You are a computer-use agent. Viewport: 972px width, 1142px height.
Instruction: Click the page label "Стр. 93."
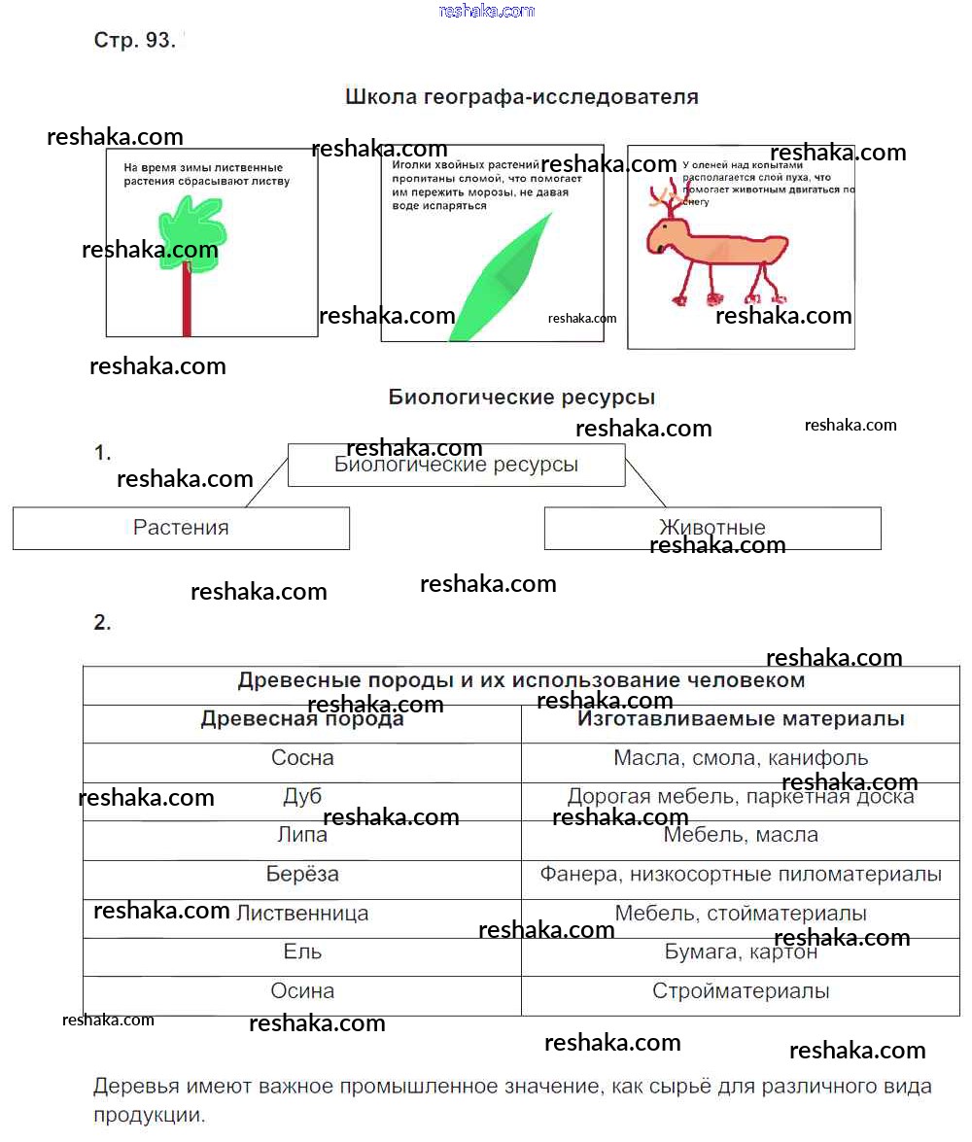click(134, 41)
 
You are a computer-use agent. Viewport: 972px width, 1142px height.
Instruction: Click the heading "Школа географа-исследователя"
click(522, 97)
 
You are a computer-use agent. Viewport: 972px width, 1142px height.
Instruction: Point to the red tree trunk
click(187, 301)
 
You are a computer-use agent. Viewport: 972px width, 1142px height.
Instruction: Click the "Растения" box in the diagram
click(181, 528)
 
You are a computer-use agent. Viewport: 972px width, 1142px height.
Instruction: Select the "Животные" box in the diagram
click(712, 528)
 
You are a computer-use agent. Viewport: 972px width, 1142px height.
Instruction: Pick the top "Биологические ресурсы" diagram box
click(456, 466)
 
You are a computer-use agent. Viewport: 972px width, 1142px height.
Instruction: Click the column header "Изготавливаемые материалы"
click(741, 719)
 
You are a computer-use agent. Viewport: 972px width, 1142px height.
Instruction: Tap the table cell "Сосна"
click(302, 758)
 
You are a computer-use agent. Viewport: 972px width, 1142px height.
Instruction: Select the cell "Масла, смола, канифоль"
click(741, 758)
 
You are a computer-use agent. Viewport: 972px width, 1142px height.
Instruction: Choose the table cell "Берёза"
click(302, 875)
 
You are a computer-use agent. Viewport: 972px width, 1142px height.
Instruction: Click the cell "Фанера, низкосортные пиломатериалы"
click(741, 875)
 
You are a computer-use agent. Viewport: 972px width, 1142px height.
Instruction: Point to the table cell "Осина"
click(302, 991)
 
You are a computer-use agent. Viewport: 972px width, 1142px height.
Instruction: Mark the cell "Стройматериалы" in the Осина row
click(741, 991)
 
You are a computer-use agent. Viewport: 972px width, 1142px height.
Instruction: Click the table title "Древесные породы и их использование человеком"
click(521, 680)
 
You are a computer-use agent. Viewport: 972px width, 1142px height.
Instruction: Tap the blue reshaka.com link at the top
click(486, 11)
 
